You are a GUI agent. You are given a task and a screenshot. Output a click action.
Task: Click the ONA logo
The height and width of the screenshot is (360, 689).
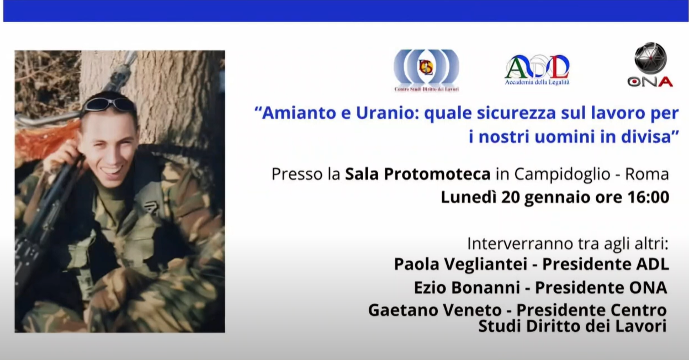650,65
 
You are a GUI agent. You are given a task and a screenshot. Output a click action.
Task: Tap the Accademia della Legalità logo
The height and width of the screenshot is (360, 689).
537,70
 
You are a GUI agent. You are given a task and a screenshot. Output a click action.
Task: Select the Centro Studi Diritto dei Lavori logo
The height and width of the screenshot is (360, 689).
427,71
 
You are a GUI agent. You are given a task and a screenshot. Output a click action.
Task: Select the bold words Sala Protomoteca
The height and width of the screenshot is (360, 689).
418,174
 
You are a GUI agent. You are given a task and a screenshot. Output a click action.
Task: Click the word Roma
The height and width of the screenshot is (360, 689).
647,174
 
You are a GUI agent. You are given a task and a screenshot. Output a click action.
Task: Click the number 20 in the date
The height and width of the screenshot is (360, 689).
511,197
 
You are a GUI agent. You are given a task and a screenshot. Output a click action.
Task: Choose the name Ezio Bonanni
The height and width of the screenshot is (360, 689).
467,287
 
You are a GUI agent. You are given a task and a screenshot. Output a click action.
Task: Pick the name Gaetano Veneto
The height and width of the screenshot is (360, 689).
435,310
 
